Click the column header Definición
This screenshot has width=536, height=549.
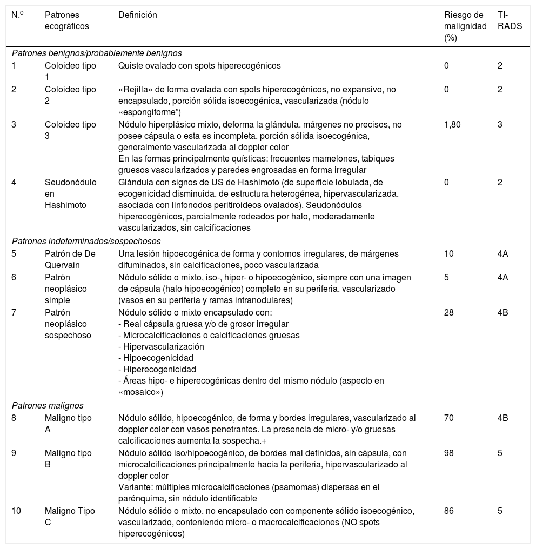coord(138,15)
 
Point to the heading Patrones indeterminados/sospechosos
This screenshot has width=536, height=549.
coord(86,241)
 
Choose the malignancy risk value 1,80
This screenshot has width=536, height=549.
coord(452,124)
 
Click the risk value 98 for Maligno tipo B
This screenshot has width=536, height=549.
coord(449,453)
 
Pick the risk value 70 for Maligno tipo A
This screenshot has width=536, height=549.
coord(449,418)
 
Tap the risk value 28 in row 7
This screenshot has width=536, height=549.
coord(449,312)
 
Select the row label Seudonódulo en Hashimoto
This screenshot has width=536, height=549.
coord(70,193)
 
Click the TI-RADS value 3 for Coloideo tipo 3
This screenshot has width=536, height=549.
coord(500,124)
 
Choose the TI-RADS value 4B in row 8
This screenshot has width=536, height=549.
coord(503,418)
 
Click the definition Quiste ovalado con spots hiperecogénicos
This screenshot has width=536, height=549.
coord(199,65)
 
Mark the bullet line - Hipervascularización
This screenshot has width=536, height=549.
coord(161,346)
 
